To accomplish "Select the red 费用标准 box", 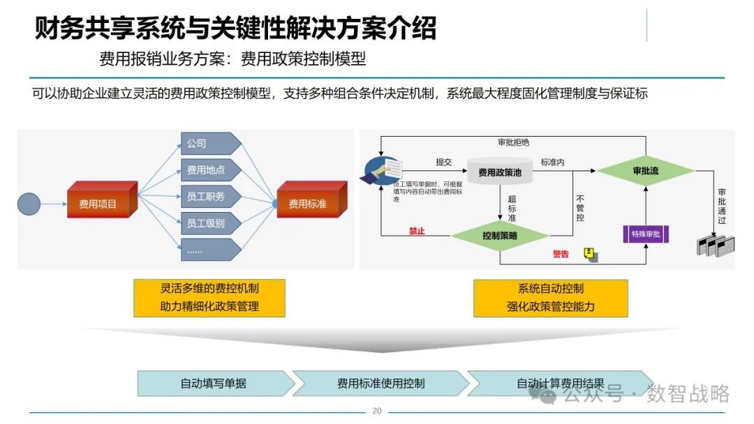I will click(309, 203).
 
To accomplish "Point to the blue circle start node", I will click(29, 203).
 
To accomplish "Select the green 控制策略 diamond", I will click(500, 236).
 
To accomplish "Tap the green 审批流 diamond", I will click(645, 171).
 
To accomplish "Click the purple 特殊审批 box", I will click(646, 234).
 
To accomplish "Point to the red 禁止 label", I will click(417, 231).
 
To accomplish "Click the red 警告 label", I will click(561, 254).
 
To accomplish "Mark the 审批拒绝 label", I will click(513, 143).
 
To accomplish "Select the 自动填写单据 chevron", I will click(214, 383).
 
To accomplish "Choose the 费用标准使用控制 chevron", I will click(380, 383).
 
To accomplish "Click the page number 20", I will click(377, 411).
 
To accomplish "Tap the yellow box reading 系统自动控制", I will click(550, 298).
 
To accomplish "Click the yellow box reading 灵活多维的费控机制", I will click(209, 298).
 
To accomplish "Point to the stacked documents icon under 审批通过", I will click(716, 246).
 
